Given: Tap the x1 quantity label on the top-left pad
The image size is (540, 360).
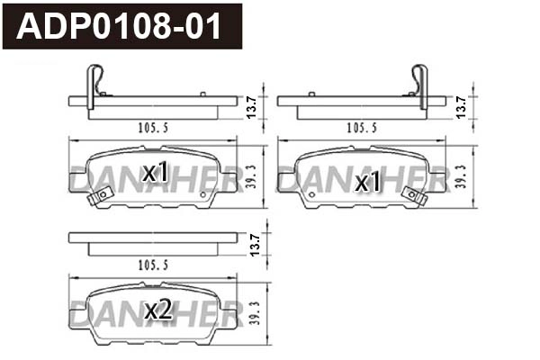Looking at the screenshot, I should pyautogui.click(x=155, y=172).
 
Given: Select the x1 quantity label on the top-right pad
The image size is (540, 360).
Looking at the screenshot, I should pyautogui.click(x=366, y=183).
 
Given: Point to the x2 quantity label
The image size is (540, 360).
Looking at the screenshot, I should pyautogui.click(x=157, y=310).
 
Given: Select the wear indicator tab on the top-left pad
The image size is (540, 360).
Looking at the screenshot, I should pyautogui.click(x=101, y=195).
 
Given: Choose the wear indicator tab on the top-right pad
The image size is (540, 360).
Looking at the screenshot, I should pyautogui.click(x=413, y=195).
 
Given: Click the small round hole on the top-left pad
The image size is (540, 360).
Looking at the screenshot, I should pyautogui.click(x=206, y=192).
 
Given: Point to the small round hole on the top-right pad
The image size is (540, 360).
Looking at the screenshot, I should pyautogui.click(x=308, y=192).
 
